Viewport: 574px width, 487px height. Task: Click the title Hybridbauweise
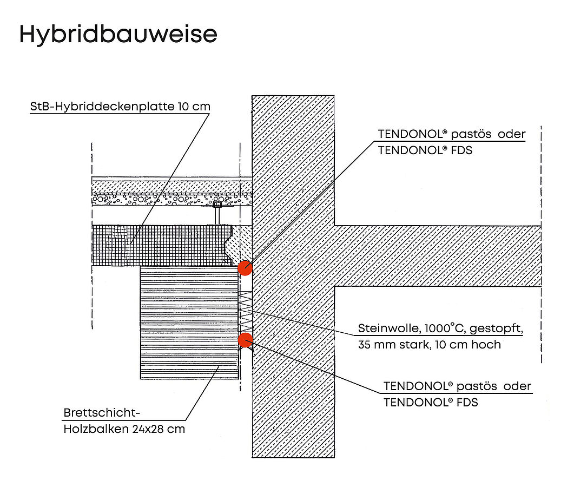(x=118, y=34)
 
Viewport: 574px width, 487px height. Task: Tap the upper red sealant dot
(x=245, y=268)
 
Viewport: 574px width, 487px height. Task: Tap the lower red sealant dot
(x=245, y=340)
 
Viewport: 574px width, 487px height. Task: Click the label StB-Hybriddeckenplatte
(x=102, y=107)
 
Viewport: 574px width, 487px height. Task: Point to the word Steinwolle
(x=389, y=328)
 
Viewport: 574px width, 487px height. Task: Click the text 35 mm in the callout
(x=373, y=345)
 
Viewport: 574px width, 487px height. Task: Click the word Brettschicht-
(x=102, y=413)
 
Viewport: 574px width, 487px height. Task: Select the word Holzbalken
(x=96, y=429)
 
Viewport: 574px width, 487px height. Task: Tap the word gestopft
(x=496, y=328)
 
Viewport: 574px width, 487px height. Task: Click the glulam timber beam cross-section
(x=190, y=323)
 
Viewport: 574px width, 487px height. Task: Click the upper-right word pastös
(x=471, y=134)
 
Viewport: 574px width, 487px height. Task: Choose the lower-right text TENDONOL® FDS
(x=431, y=403)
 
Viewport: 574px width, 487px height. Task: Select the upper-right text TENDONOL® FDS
(x=425, y=150)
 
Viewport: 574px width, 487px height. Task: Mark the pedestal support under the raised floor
(x=217, y=214)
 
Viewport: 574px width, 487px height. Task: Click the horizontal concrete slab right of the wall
(x=438, y=256)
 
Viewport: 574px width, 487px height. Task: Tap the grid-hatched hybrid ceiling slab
(x=162, y=245)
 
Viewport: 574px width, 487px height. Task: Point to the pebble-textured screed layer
(x=171, y=200)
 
